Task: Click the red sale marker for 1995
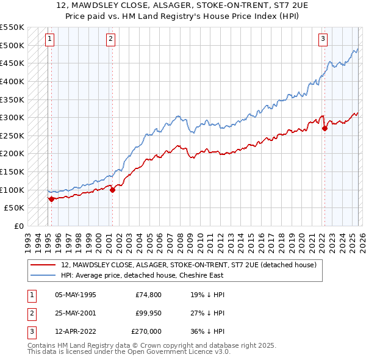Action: [51, 198]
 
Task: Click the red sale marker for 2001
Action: [113, 190]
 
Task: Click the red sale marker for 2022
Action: [325, 128]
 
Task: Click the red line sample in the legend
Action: [43, 265]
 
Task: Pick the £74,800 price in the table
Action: [149, 295]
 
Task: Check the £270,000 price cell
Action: [147, 331]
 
